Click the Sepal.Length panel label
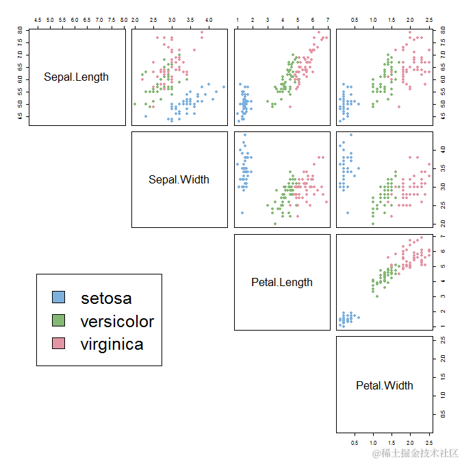pos(76,77)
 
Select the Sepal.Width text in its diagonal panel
pos(179,180)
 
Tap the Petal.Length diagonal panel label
pos(282,282)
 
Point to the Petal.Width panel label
pos(385,385)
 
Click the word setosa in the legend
pos(106,298)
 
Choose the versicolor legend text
pos(117,322)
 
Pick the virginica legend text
pos(112,344)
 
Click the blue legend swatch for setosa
pos(59,297)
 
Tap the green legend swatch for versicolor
pos(59,320)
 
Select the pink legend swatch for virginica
pos(59,343)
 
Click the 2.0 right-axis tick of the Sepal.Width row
pos(441,223)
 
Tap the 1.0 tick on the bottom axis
pos(373,443)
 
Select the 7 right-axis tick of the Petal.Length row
pos(441,237)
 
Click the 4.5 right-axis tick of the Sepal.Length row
pos(441,116)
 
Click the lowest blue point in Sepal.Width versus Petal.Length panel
pos(242,213)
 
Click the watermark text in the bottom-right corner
pos(415,453)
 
